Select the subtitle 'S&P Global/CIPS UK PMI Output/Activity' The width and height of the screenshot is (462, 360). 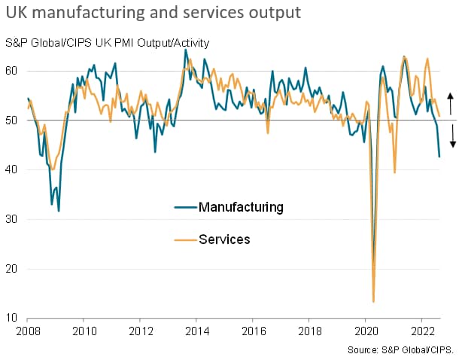tap(107, 42)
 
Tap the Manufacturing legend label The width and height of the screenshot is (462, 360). tap(241, 206)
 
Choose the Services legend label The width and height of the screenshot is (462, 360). tap(224, 239)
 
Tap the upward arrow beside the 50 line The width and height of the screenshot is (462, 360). tap(450, 102)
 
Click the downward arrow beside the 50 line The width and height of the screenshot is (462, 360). tap(450, 136)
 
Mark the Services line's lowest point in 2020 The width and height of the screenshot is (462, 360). tap(373, 301)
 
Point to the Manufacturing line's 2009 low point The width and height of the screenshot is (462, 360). tap(59, 210)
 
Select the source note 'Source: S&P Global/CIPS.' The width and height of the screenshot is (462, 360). tap(401, 350)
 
